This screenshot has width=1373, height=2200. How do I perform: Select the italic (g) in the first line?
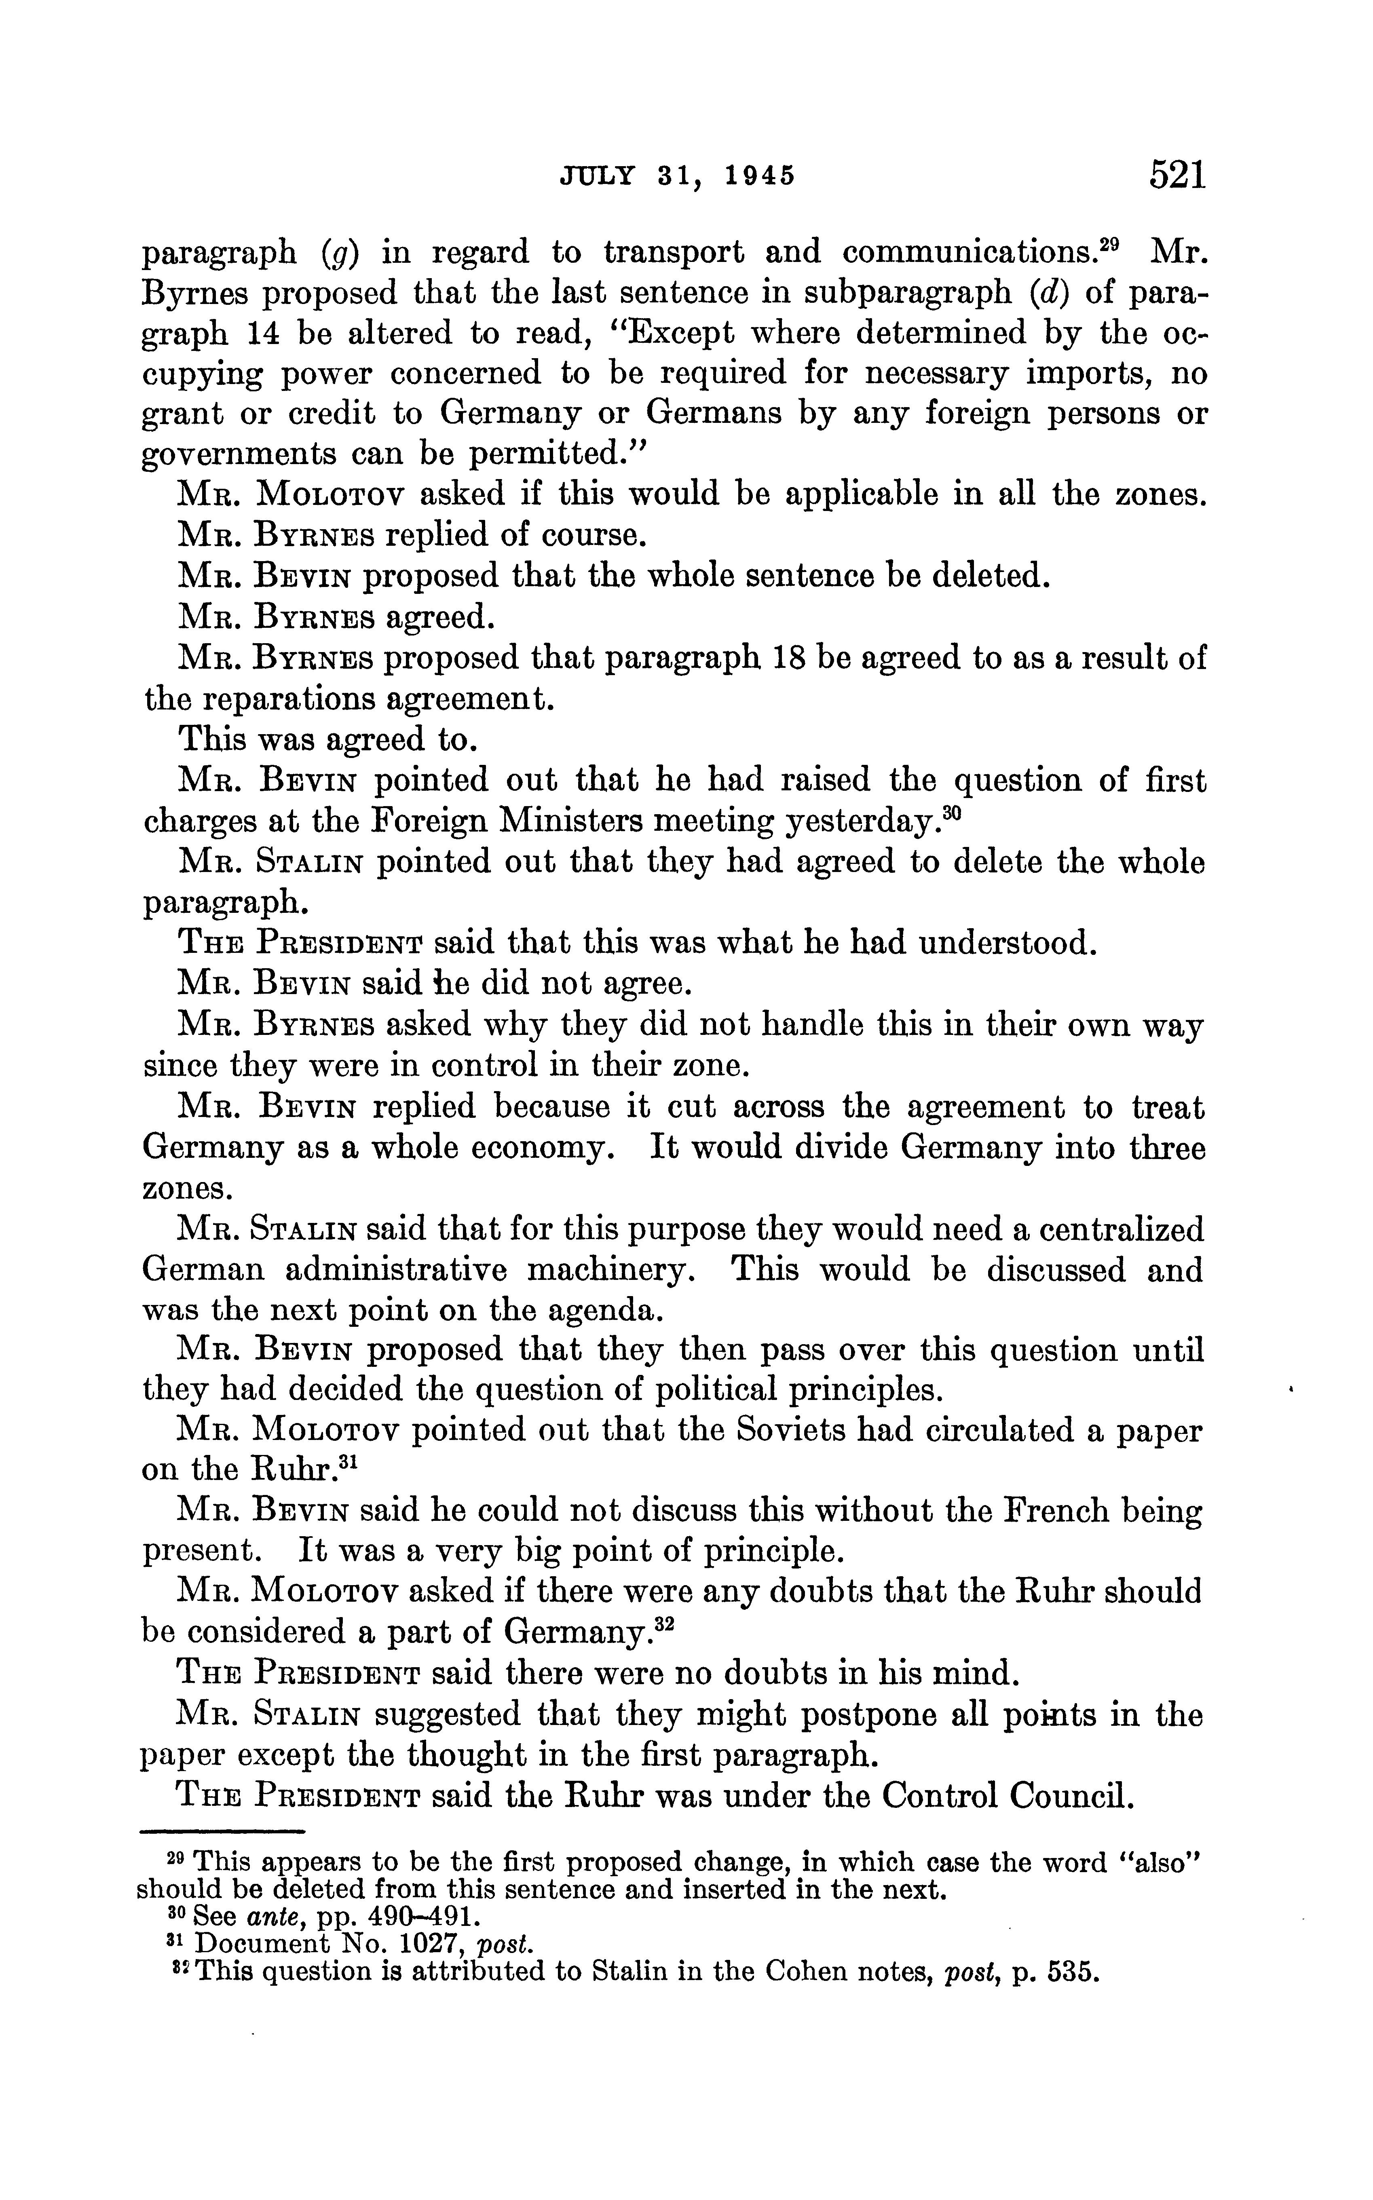click(x=339, y=252)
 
